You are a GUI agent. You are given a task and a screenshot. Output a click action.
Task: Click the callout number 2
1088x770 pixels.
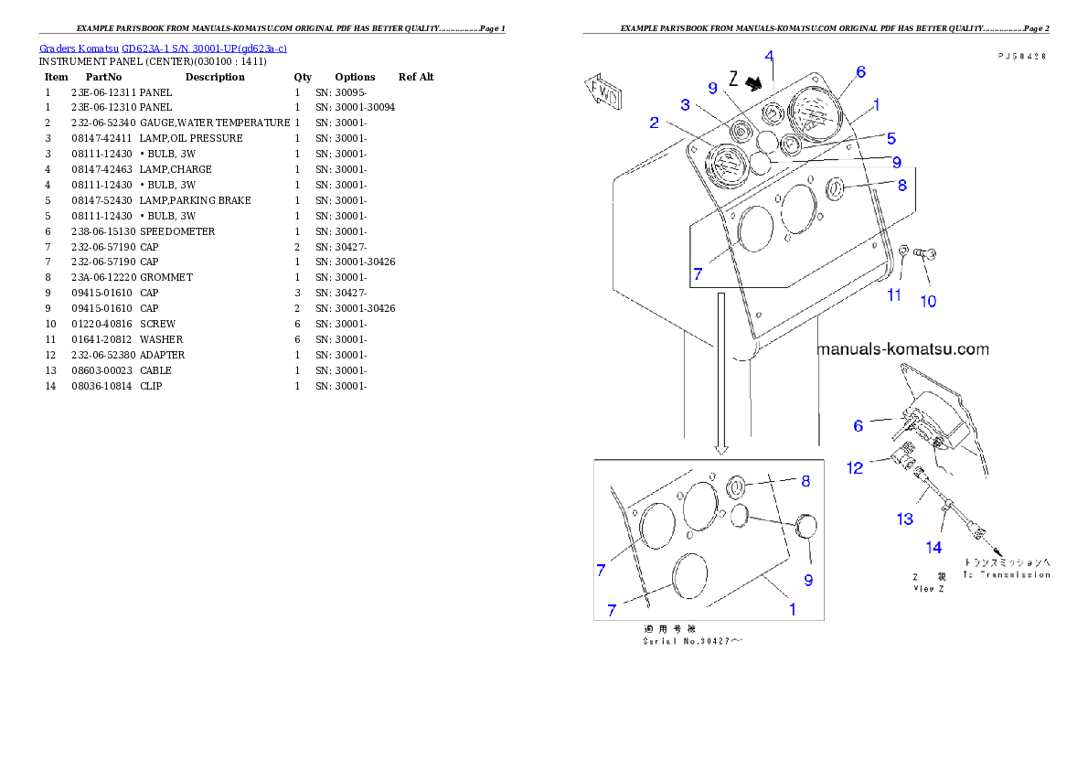click(655, 123)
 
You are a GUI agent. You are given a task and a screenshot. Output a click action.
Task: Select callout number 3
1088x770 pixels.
click(684, 106)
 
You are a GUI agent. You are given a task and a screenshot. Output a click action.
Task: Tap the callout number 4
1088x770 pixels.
click(769, 56)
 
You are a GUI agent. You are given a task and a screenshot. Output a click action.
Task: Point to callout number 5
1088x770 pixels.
click(891, 138)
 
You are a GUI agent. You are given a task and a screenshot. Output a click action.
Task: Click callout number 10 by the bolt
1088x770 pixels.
click(927, 301)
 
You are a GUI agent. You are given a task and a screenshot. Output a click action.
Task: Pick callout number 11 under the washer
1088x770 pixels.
click(893, 294)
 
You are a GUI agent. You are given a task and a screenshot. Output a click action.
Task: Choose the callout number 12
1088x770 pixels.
click(854, 467)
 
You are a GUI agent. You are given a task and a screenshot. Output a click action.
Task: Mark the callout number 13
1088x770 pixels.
click(904, 519)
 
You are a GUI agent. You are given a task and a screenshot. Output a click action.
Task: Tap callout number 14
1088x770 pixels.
click(933, 548)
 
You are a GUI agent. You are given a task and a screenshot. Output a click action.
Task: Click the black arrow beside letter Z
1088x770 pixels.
click(752, 83)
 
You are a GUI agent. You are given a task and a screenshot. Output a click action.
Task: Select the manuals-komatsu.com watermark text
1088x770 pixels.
click(902, 349)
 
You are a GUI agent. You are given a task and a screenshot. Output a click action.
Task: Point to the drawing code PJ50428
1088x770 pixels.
click(1021, 56)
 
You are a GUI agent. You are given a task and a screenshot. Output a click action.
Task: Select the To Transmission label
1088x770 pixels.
click(1005, 575)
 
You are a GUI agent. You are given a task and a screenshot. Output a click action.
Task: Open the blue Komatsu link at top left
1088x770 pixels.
click(164, 48)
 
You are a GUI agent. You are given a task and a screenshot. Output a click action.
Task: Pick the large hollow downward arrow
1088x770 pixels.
click(721, 374)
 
